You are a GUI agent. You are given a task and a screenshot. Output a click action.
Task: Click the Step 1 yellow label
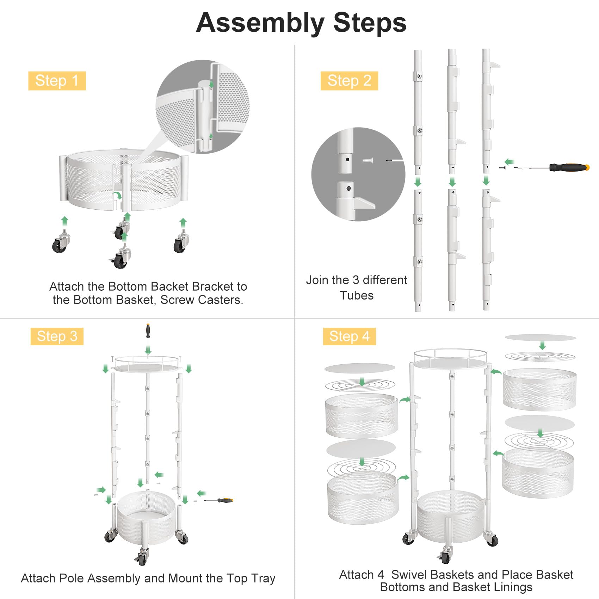click(x=57, y=81)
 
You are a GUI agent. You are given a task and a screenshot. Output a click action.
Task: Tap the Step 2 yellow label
click(x=349, y=81)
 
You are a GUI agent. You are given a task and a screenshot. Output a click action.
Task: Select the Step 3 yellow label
click(x=57, y=336)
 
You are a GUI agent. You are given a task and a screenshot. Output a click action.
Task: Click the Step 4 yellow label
click(x=349, y=336)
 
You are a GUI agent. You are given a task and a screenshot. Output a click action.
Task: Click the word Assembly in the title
click(x=260, y=23)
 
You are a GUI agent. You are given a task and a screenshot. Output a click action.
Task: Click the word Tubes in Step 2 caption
click(x=356, y=295)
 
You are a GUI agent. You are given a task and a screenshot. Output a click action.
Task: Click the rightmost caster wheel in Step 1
click(x=181, y=244)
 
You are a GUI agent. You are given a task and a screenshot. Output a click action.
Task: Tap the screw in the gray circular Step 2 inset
click(x=368, y=160)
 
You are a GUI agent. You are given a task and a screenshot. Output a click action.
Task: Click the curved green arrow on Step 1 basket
click(x=117, y=196)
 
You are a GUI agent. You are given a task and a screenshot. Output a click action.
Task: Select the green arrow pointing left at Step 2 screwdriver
click(x=509, y=162)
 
